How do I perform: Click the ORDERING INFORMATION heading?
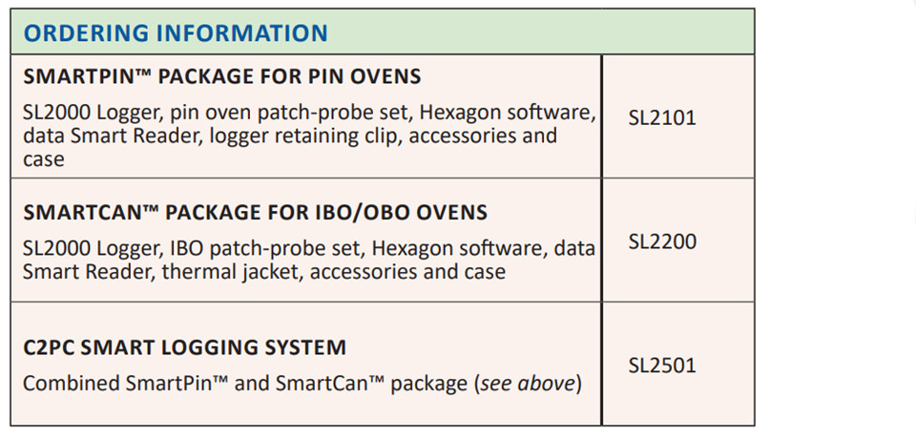176,32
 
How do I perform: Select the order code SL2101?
662,118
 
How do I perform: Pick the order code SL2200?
662,241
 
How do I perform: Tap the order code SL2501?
662,366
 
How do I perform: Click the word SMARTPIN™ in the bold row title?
88,76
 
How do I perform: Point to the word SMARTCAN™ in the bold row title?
92,212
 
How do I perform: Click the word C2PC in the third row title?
49,347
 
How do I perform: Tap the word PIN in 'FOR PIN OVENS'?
331,76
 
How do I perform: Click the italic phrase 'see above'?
528,384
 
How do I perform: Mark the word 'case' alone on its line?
43,159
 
